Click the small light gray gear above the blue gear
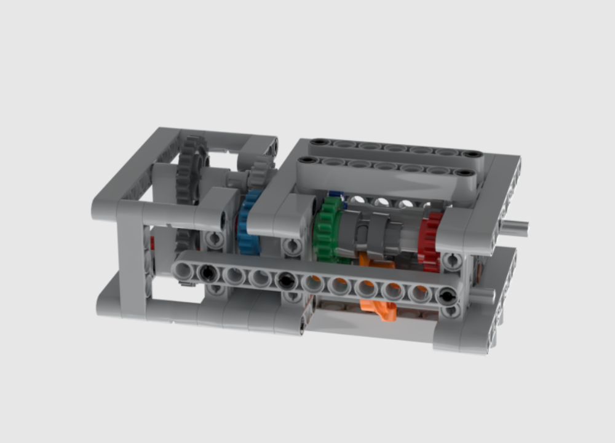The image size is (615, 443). coord(261,171)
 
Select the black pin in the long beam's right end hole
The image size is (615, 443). coord(447,296)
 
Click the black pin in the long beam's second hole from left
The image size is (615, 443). coord(208,271)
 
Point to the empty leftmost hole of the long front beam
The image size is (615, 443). coord(182,270)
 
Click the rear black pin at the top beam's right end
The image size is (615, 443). coord(472,154)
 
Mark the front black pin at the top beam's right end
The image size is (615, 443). coord(465,173)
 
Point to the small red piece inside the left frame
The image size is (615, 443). coord(152,243)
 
